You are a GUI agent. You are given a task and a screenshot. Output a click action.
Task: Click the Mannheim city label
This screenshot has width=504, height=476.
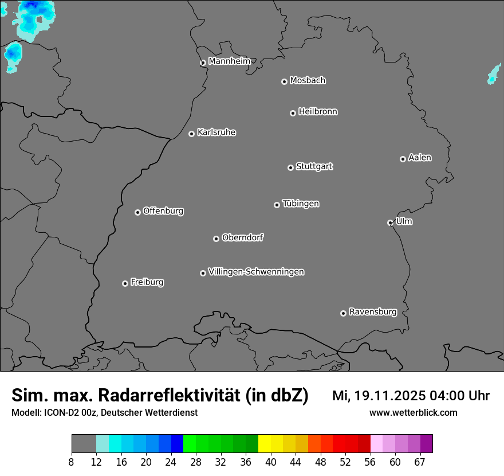(229, 61)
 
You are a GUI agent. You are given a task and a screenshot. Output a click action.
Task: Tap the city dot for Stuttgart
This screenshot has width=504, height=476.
(290, 167)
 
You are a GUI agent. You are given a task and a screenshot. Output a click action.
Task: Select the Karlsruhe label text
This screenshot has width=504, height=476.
(216, 132)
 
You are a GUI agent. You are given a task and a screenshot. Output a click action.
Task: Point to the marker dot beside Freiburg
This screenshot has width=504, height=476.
(125, 283)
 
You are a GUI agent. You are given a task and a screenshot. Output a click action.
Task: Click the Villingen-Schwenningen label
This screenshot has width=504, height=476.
(256, 272)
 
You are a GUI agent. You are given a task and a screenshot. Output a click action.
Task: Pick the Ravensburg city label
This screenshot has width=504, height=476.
(372, 312)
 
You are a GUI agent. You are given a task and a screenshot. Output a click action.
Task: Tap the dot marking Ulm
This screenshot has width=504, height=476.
(390, 223)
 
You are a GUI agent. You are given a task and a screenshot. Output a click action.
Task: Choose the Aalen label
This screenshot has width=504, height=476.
(420, 158)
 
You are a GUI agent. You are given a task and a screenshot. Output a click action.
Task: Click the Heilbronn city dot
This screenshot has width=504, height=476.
(293, 113)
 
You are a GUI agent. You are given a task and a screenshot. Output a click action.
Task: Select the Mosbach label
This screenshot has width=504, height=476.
(308, 81)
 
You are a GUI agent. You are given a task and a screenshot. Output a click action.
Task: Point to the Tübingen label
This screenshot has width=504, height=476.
(301, 204)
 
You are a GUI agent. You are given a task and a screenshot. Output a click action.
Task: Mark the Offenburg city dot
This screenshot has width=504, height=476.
(137, 212)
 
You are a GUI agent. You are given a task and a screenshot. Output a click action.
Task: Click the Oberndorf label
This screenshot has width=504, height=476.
(242, 237)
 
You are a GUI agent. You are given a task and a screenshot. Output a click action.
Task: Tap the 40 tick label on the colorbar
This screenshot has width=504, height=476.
(270, 462)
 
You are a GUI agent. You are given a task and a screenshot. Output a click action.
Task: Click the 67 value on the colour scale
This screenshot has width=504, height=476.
(420, 462)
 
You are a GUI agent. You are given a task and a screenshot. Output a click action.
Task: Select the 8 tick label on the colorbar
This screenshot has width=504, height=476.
(72, 462)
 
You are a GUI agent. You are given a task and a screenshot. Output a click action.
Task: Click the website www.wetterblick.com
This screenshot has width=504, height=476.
(413, 412)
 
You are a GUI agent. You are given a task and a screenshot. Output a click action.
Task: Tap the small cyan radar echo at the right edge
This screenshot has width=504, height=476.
(494, 75)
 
